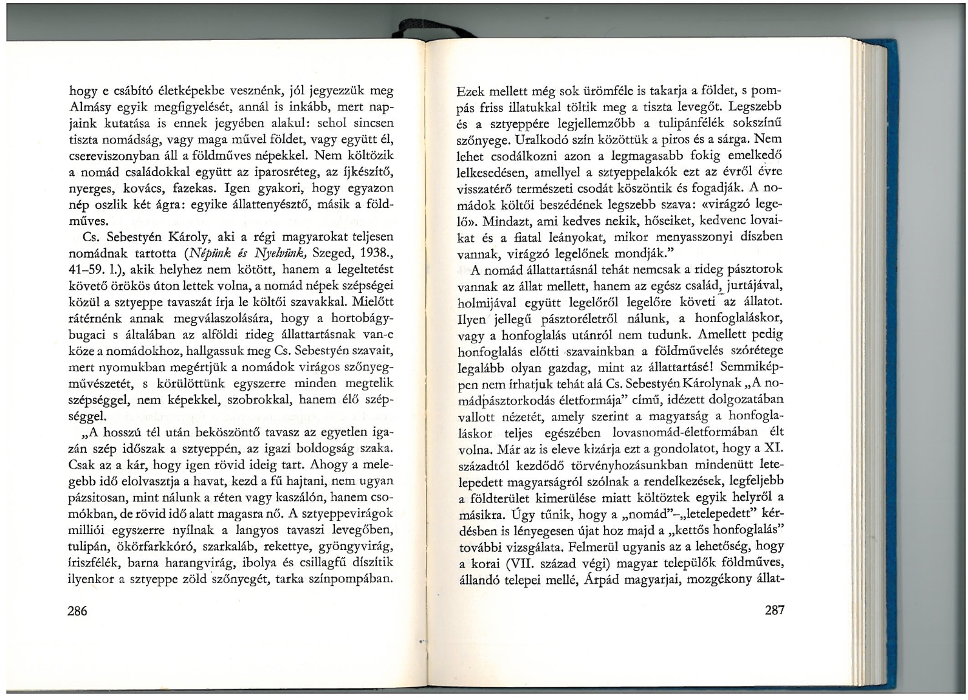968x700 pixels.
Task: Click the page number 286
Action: pos(78,610)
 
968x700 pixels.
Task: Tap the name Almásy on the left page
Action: pos(89,108)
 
